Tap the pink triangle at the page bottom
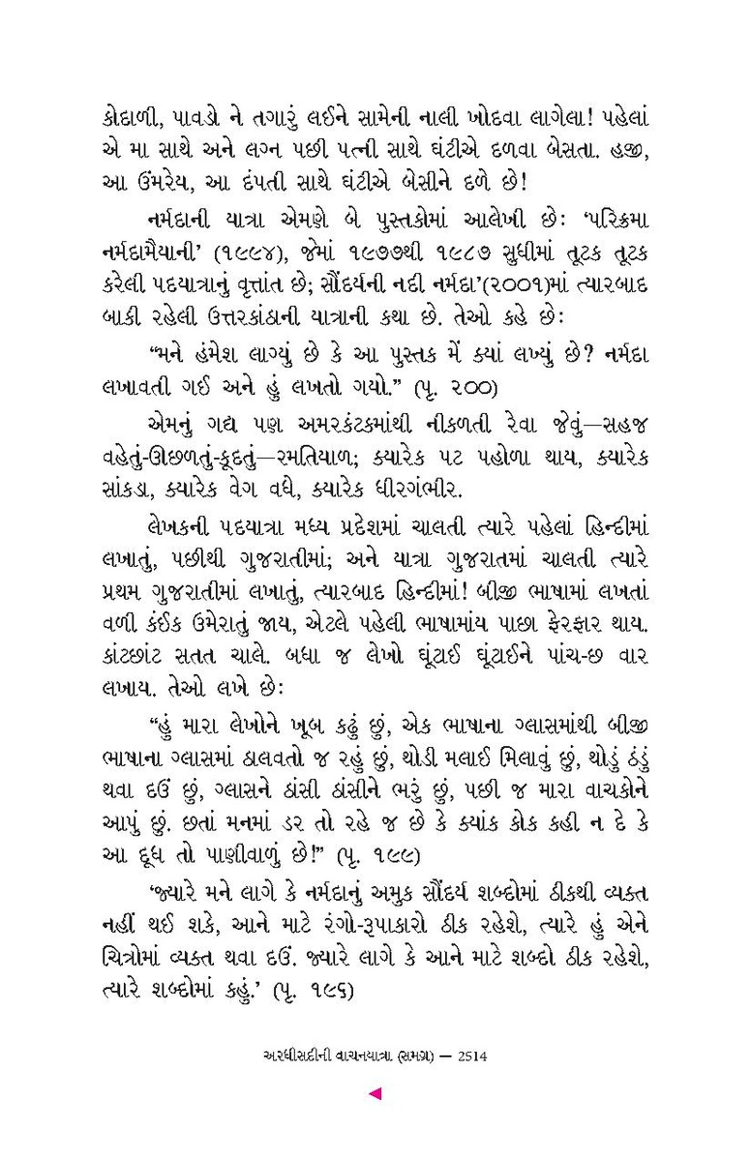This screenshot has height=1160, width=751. pyautogui.click(x=376, y=1094)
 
